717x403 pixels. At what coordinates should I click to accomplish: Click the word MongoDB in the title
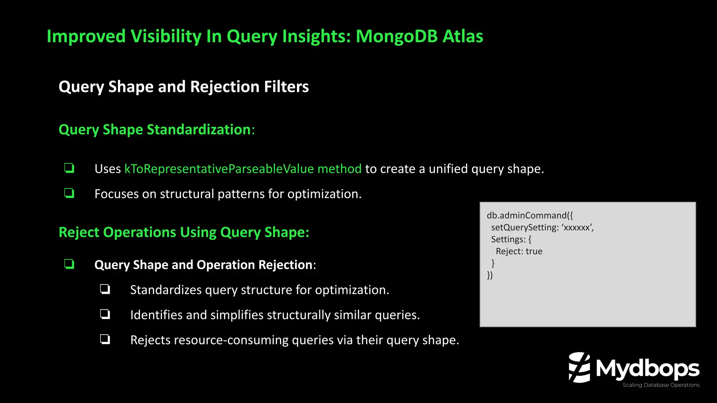396,36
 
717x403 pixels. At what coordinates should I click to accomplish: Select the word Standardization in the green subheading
199,130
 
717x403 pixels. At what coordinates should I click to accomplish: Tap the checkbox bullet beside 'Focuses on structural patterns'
69,193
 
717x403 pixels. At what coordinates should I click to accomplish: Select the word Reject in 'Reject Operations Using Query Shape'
79,233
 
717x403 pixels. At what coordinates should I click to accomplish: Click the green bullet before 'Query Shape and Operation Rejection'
69,264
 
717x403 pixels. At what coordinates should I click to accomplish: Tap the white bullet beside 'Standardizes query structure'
105,289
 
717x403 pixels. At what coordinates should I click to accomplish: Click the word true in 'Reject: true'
534,252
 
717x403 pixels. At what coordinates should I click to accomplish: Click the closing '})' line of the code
490,275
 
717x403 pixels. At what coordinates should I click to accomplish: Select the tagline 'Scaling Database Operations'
661,385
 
